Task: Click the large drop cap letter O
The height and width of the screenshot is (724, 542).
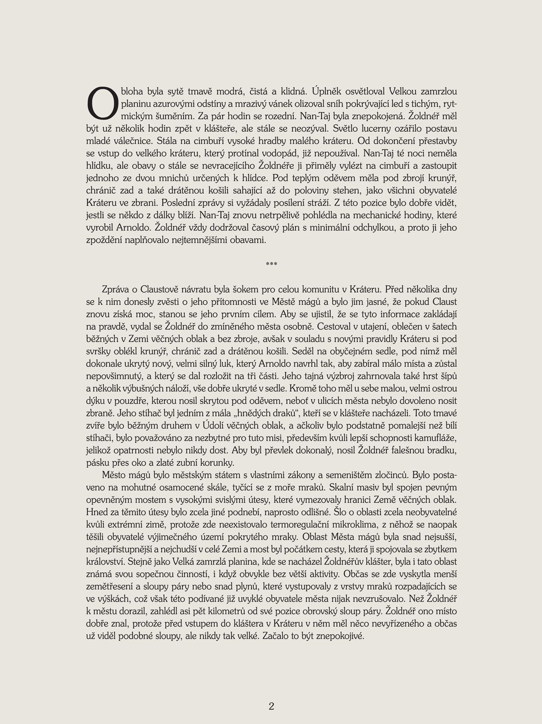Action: pyautogui.click(x=101, y=104)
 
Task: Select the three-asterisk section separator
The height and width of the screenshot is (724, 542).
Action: pyautogui.click(x=271, y=265)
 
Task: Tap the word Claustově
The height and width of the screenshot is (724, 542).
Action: pyautogui.click(x=161, y=290)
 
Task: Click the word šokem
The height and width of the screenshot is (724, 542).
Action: pyautogui.click(x=246, y=290)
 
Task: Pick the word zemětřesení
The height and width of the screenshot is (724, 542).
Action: pyautogui.click(x=111, y=587)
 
